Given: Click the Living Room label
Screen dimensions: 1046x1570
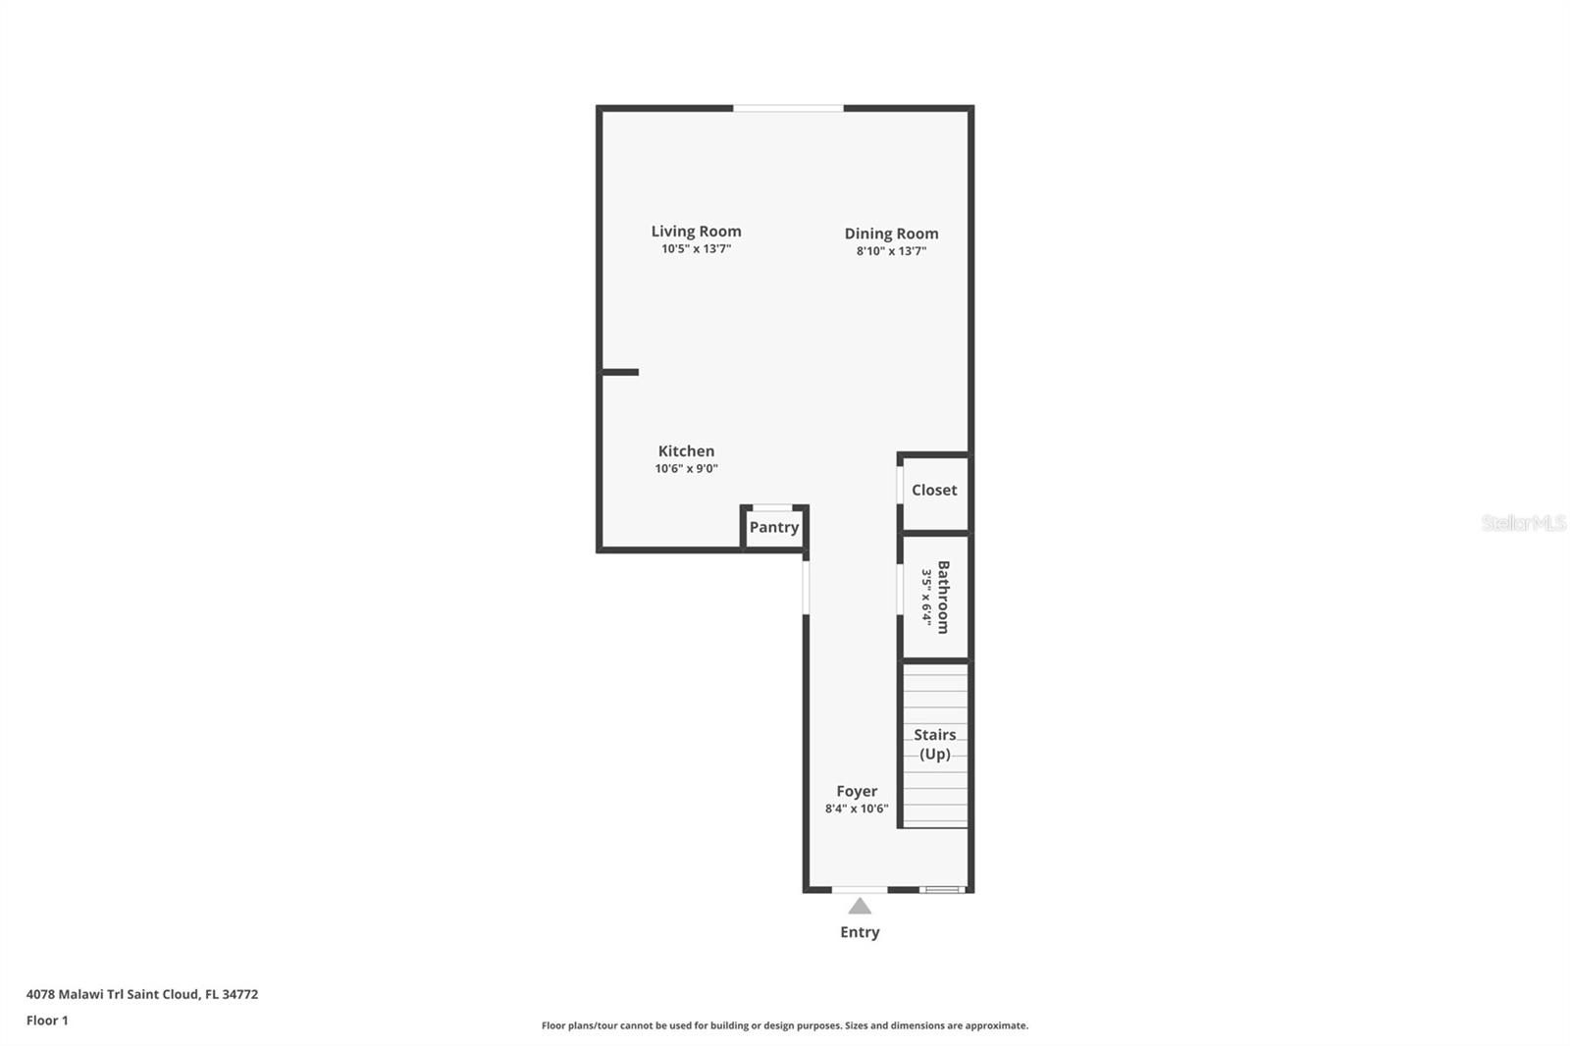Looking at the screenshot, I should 696,232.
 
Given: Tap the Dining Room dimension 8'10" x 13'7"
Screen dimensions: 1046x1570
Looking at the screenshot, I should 891,251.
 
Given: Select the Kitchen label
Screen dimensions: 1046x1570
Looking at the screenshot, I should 686,451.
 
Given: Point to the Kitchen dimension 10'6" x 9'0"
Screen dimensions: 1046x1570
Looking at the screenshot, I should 686,469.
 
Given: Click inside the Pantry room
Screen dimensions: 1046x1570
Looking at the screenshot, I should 774,528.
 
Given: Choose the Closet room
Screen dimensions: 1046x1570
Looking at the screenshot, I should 934,491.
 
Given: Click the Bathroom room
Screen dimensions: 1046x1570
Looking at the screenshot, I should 935,597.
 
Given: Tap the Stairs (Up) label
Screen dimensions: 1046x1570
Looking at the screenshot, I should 935,744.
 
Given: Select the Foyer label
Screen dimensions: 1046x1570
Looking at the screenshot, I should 857,791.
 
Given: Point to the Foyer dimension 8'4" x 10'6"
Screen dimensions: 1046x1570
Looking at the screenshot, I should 857,810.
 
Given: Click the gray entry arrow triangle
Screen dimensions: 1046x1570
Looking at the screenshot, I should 860,907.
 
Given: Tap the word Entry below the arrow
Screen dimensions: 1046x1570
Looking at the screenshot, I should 860,932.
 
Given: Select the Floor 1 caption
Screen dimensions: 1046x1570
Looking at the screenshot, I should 47,1020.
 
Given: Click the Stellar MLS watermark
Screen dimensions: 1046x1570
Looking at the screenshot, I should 1523,523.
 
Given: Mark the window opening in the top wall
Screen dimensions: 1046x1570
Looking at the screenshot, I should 788,108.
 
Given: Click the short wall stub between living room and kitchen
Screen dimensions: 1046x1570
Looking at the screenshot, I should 620,372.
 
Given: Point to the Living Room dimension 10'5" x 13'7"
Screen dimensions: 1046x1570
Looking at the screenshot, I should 696,249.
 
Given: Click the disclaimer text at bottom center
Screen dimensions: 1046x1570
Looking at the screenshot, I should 785,1025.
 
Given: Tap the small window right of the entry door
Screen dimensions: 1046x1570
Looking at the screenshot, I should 943,890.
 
